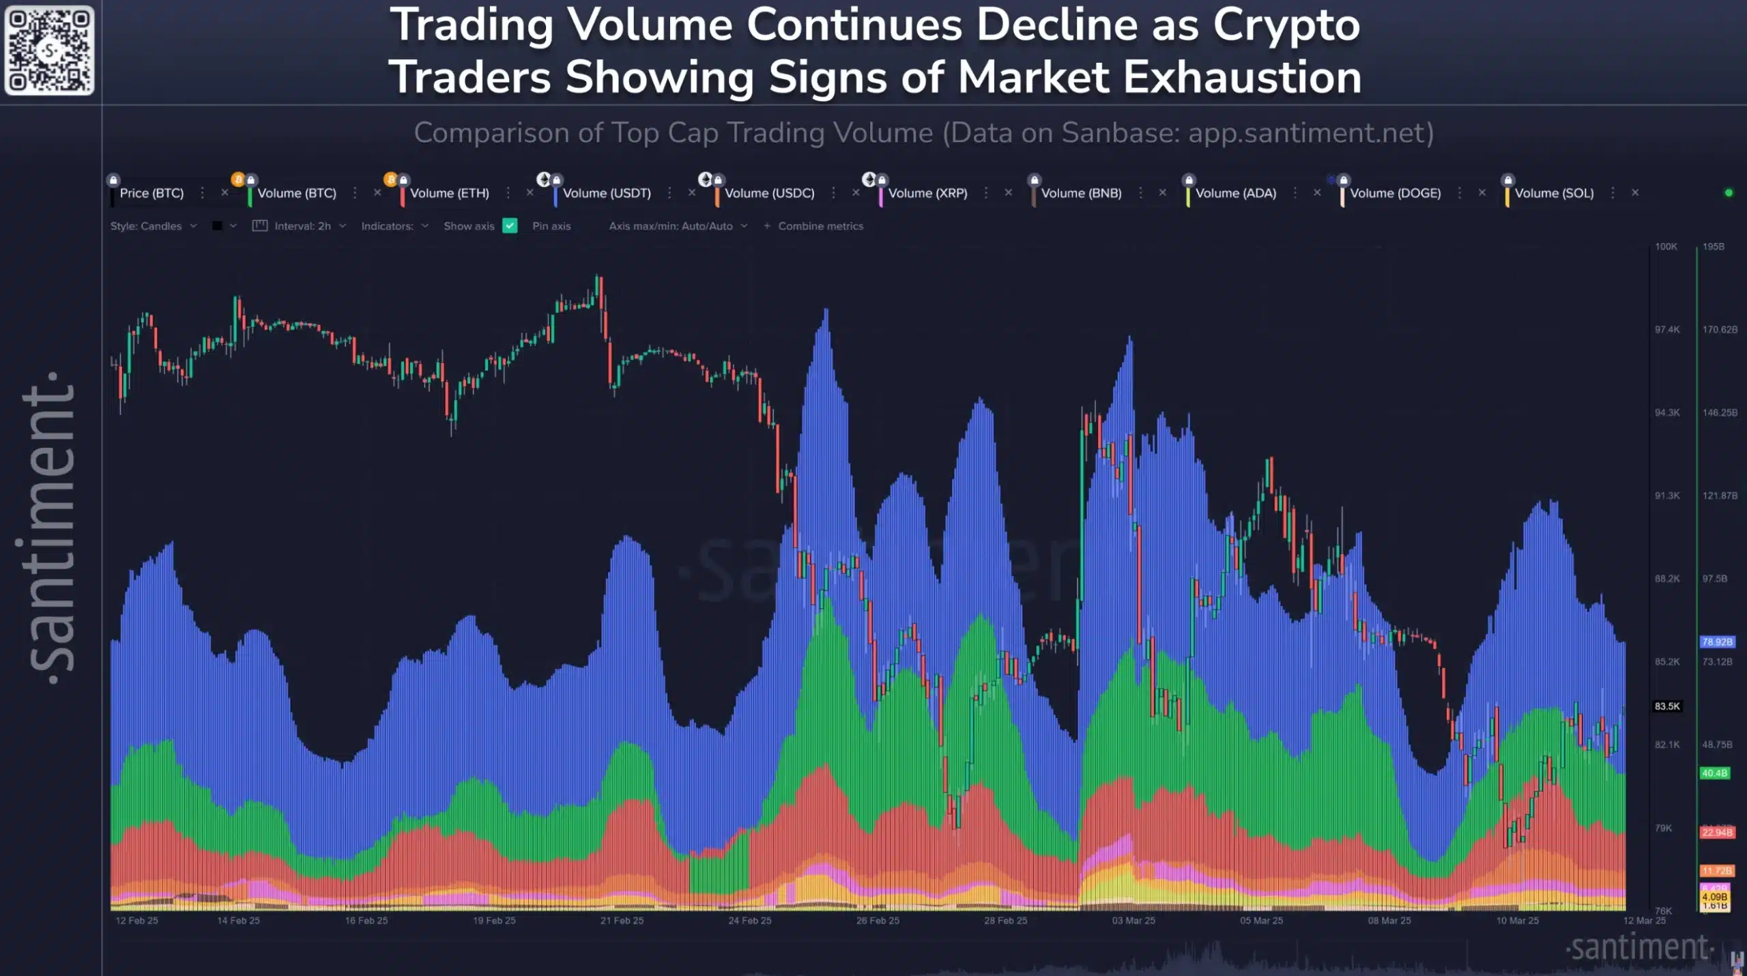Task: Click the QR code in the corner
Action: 49,51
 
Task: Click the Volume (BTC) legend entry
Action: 296,193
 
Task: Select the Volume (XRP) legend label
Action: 927,193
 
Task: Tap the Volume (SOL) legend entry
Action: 1553,193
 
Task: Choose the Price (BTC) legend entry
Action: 151,193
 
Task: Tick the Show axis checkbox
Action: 510,226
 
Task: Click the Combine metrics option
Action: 819,226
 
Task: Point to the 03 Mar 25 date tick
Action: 1133,921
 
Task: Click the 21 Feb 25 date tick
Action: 622,921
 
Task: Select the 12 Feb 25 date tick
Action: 136,921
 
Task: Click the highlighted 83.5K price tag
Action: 1666,706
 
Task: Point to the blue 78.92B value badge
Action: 1716,642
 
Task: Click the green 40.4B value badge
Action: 1714,773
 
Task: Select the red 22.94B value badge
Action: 1716,833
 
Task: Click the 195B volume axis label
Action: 1713,246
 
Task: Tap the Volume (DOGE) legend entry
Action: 1394,193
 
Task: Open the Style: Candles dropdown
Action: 153,226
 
